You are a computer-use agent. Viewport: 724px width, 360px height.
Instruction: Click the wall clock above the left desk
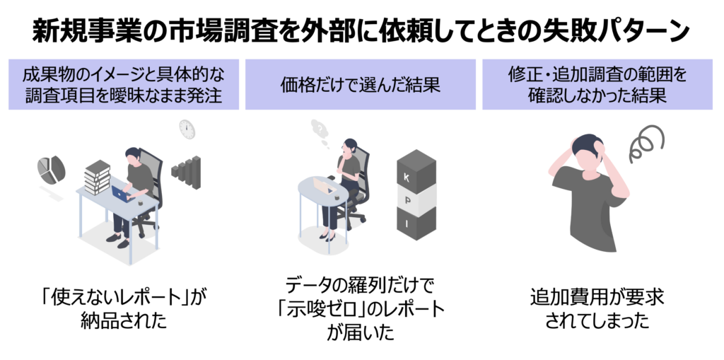point(187,128)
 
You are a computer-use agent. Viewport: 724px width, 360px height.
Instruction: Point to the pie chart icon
point(51,168)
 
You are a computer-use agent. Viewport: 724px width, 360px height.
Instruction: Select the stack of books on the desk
point(97,178)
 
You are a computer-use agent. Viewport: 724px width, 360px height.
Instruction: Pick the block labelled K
point(416,174)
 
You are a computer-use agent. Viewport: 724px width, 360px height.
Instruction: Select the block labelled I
point(416,225)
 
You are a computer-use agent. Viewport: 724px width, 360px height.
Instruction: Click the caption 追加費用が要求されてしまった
point(597,308)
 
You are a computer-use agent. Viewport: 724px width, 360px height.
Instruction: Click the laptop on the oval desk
point(325,187)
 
